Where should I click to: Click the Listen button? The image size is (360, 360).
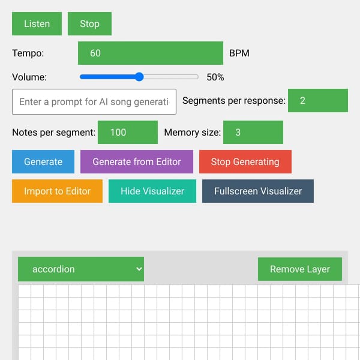pos(37,23)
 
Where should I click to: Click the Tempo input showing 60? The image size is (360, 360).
pos(151,53)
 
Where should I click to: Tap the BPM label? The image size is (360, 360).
pos(239,53)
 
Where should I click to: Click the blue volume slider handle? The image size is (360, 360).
pos(139,77)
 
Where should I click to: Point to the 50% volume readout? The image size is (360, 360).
pos(215,77)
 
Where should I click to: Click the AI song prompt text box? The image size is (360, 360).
pos(94,101)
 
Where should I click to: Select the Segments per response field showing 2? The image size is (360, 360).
pos(318,100)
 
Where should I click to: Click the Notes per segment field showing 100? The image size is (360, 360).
pos(128,132)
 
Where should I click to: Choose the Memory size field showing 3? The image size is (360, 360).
pos(253,132)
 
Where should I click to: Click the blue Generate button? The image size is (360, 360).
pos(43,161)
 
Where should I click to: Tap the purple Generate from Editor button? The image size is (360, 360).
pos(137,161)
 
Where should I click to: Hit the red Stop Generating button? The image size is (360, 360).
pos(245,161)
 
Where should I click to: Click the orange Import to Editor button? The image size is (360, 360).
pos(57,191)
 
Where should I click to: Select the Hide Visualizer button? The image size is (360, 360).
pos(152,191)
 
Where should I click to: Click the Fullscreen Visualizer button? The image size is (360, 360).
pos(258,191)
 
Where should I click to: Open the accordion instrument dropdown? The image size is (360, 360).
pos(81,269)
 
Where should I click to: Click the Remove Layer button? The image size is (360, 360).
pos(300,269)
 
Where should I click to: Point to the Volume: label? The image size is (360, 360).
pos(29,77)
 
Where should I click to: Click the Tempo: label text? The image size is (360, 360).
pos(28,53)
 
